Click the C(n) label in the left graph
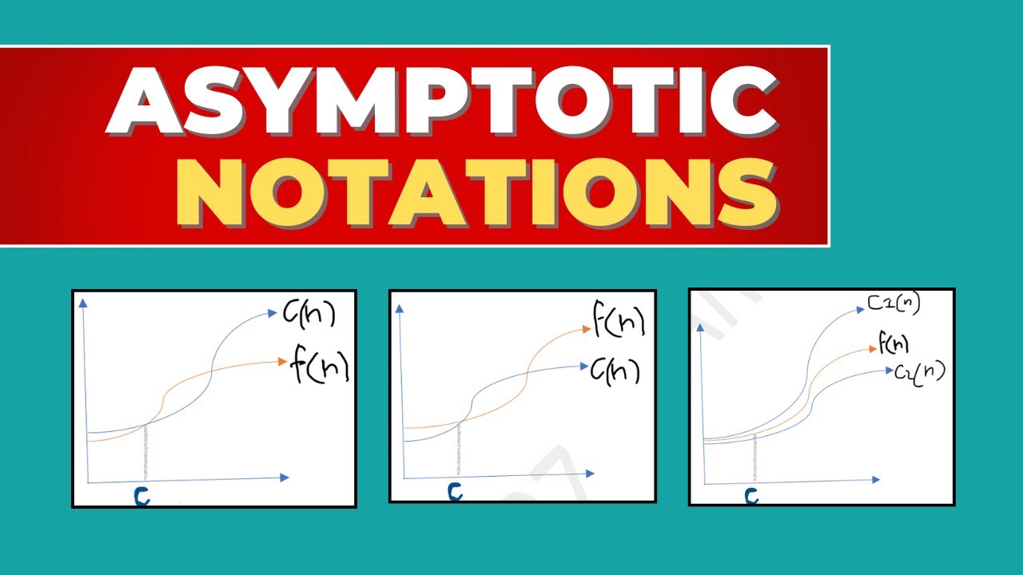click(309, 315)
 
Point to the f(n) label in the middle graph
click(618, 320)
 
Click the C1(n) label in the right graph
click(893, 303)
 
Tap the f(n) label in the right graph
click(894, 345)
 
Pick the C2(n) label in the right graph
click(919, 371)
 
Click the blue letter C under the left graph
click(141, 497)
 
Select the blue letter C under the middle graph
click(455, 491)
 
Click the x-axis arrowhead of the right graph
click(876, 480)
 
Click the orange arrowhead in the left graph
click(281, 362)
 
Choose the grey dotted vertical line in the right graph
click(755, 459)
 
